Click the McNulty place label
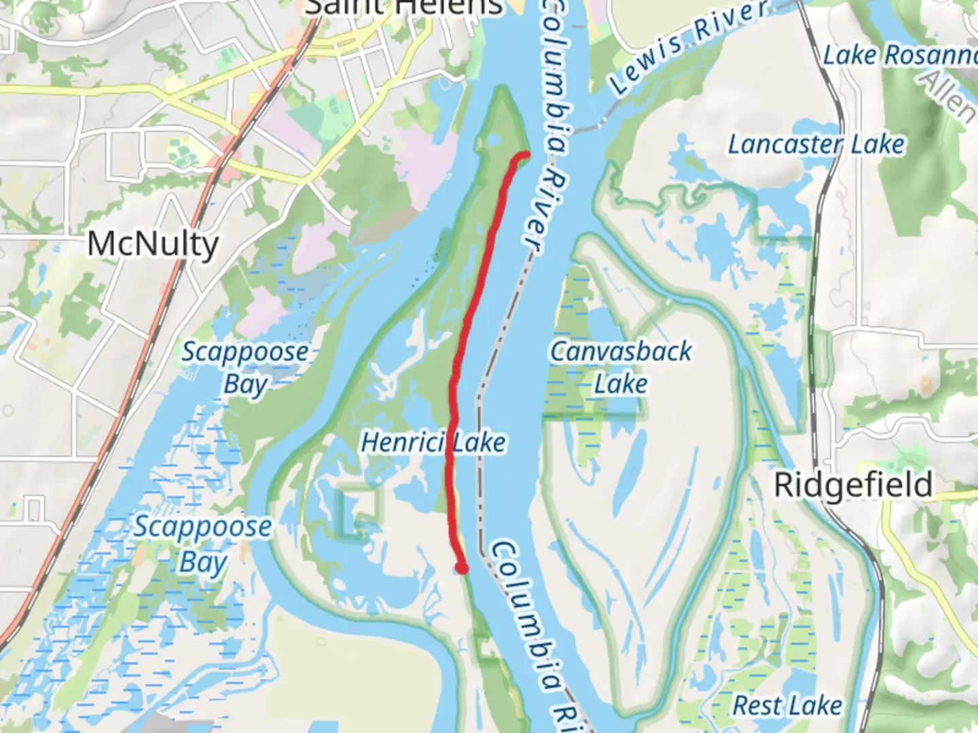[x=153, y=244]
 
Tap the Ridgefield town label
[x=854, y=485]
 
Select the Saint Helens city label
[x=404, y=8]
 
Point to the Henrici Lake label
[x=433, y=443]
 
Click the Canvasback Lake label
[x=621, y=366]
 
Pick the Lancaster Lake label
[x=816, y=144]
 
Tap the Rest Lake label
[x=787, y=706]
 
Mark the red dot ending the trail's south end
[x=462, y=568]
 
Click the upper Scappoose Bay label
[x=245, y=367]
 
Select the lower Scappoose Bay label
[x=202, y=543]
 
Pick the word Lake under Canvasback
[x=621, y=384]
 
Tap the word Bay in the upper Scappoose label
[x=245, y=385]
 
